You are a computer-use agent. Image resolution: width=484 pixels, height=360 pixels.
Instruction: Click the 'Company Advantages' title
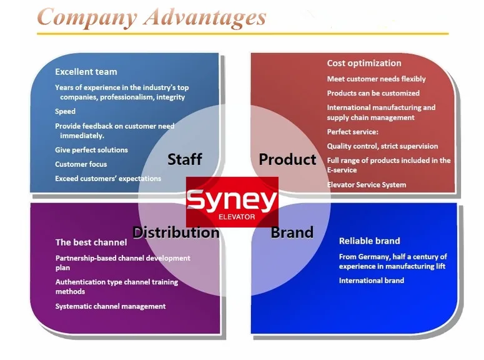click(x=151, y=17)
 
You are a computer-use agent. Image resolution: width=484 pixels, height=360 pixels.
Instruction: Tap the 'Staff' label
click(x=185, y=159)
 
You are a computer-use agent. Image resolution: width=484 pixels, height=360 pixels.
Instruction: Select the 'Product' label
click(x=287, y=159)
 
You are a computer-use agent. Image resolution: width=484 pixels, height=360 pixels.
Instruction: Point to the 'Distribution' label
click(x=175, y=232)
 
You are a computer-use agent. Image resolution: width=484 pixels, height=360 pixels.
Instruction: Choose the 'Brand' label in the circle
click(x=292, y=232)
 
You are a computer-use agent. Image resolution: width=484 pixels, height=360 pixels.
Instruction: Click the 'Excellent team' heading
click(x=86, y=72)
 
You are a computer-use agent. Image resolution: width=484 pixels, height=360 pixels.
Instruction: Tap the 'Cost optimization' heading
click(x=363, y=63)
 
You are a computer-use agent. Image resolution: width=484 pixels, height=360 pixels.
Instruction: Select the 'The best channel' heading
click(x=91, y=242)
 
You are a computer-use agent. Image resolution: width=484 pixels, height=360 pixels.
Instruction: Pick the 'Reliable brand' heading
click(x=369, y=241)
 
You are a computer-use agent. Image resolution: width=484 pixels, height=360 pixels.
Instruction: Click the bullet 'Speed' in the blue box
click(x=65, y=112)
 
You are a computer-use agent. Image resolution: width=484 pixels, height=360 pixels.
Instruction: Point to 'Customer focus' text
click(x=81, y=164)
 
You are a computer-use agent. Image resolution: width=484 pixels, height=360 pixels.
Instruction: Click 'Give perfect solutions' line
click(x=91, y=150)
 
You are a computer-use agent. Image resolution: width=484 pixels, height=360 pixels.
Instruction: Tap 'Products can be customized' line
click(x=373, y=93)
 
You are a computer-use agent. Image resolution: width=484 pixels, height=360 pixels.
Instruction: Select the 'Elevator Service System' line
click(x=366, y=185)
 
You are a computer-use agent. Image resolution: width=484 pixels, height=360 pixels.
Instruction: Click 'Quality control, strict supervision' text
click(x=382, y=146)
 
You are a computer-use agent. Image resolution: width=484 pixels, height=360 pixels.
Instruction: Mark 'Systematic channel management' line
click(x=110, y=306)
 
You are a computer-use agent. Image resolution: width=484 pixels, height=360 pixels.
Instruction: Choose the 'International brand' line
click(x=371, y=281)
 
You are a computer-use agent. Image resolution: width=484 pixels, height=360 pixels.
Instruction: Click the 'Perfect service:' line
click(x=352, y=132)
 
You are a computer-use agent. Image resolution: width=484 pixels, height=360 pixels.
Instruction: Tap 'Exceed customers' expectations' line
click(x=107, y=179)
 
